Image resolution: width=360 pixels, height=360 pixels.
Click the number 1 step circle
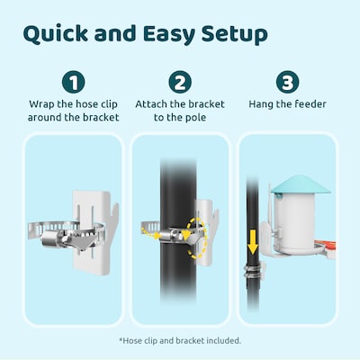click(73, 83)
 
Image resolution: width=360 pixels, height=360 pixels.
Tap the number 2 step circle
click(180, 83)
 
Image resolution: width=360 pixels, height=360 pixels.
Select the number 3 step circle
click(286, 83)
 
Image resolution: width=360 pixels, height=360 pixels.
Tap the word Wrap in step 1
click(42, 104)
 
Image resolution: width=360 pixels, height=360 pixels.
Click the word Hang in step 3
click(264, 104)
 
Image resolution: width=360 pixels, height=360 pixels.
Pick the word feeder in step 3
click(307, 104)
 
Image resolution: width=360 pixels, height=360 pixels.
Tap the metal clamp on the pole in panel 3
click(256, 270)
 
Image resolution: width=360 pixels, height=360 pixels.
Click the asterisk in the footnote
click(121, 340)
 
